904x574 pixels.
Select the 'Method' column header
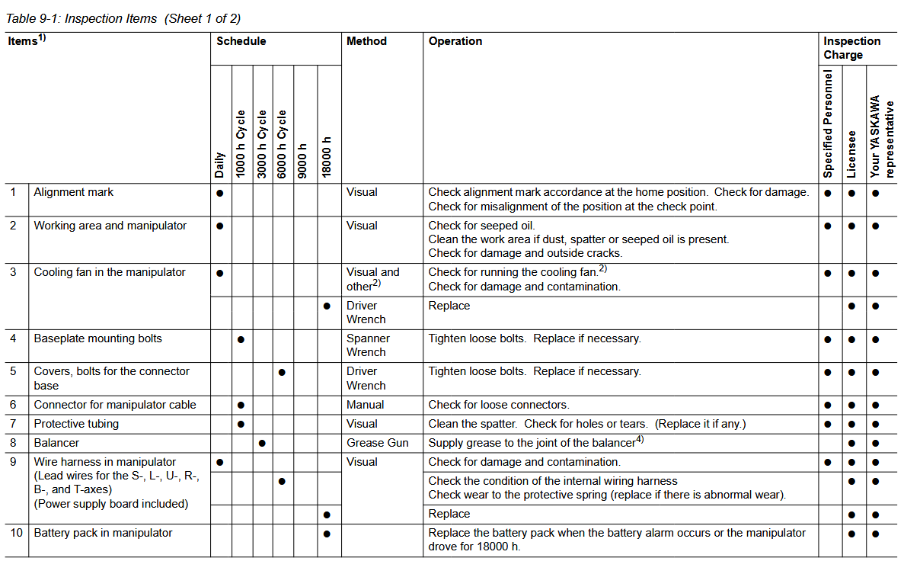click(x=366, y=41)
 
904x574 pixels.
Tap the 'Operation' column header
click(x=455, y=41)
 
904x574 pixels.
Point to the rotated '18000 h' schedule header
click(x=327, y=157)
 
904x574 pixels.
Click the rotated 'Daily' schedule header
click(x=219, y=165)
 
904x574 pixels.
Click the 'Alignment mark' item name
click(x=73, y=192)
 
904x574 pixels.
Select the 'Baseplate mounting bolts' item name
click(x=97, y=338)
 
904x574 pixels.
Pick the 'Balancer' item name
click(x=56, y=443)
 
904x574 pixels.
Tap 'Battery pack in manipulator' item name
click(x=103, y=533)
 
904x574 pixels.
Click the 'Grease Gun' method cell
click(x=377, y=443)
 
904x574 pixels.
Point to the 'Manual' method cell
click(x=365, y=405)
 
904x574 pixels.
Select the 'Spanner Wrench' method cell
click(x=368, y=345)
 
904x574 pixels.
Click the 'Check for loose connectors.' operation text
click(x=499, y=405)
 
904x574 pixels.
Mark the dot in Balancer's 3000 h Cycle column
click(x=262, y=443)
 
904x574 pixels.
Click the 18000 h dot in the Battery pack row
click(x=327, y=534)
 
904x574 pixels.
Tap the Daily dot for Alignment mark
click(x=219, y=193)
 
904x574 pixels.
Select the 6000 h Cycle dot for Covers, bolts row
click(x=282, y=372)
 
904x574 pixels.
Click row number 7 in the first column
click(x=13, y=424)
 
